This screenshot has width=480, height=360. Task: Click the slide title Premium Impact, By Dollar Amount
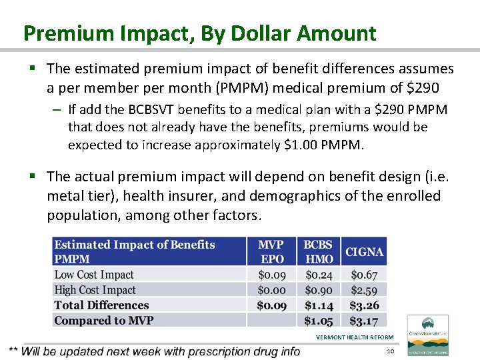199,33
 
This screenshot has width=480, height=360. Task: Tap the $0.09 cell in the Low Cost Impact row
271,275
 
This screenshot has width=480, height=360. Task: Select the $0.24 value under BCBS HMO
319,275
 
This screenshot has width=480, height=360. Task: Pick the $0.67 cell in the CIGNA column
364,275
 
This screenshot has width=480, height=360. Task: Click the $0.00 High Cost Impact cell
271,290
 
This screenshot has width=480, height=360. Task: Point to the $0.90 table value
319,290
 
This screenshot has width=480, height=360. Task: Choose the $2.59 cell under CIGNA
364,290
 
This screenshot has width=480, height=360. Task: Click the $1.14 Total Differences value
319,305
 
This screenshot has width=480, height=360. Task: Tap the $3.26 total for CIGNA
364,305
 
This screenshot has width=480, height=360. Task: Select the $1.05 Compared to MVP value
319,321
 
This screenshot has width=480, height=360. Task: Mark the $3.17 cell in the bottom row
364,321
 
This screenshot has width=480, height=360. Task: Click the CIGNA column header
364,252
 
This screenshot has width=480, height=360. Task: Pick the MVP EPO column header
271,251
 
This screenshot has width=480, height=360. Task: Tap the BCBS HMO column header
319,251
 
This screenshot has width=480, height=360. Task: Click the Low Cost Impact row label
94,275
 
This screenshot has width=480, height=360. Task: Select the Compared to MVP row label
104,321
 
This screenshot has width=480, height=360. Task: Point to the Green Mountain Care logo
427,335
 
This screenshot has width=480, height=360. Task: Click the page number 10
391,351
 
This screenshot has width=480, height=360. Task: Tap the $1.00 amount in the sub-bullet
305,145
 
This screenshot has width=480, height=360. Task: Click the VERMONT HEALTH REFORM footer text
355,337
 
